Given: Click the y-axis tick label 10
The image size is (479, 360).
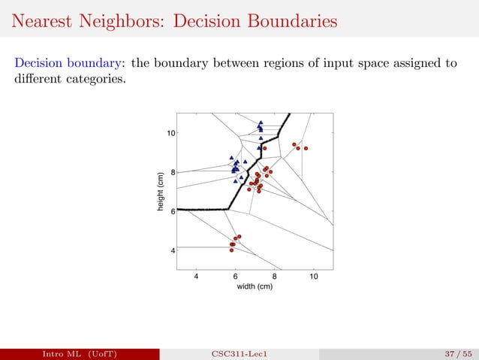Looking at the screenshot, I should click(172, 133).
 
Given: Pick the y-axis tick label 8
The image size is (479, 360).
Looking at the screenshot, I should click(174, 172).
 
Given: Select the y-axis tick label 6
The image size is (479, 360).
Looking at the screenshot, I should click(174, 211).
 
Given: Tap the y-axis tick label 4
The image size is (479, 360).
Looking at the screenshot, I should click(174, 250).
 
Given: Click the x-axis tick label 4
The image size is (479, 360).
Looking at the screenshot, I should click(197, 276).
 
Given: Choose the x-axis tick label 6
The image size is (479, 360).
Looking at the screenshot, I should click(236, 276).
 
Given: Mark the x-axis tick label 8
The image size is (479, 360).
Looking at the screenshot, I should click(275, 276).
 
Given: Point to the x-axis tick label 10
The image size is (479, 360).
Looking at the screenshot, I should click(314, 276).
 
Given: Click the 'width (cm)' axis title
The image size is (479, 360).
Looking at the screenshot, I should click(255, 286).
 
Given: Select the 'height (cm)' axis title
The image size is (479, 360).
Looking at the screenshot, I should click(161, 192).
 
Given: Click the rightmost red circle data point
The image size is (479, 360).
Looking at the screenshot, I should click(306, 148).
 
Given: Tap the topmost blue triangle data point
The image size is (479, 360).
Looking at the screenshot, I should click(261, 123).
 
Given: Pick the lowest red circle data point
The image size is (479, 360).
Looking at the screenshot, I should click(233, 250).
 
